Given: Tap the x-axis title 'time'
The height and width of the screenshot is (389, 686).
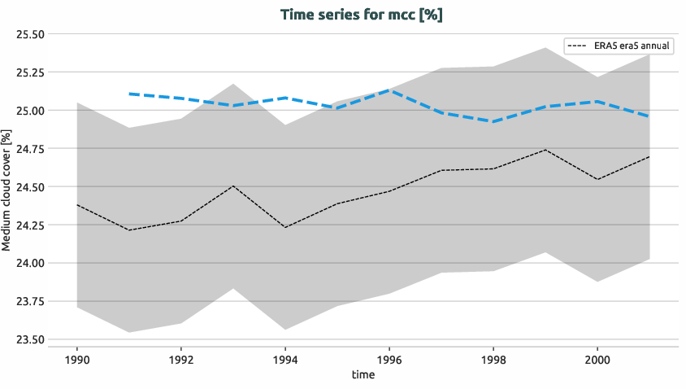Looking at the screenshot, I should point(363,374).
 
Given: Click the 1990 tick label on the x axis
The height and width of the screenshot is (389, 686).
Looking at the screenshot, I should point(76,358).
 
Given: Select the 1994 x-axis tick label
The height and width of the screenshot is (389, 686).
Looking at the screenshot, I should point(285,358).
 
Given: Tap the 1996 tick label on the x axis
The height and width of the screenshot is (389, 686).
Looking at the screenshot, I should point(389,358).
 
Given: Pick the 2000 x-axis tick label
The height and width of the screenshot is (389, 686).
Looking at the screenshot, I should point(597,358).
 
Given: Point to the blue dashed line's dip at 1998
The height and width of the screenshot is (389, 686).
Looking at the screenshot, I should point(493,121).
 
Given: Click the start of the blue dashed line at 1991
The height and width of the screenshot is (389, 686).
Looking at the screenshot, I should point(128,94).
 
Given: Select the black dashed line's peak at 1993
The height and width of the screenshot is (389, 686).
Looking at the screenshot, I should point(233,186).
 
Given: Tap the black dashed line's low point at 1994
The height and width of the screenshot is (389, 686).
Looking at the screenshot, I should point(285,227).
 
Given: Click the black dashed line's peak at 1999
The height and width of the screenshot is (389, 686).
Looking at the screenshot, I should point(545,150).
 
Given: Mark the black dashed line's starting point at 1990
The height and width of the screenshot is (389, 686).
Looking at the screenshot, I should point(76,205).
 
